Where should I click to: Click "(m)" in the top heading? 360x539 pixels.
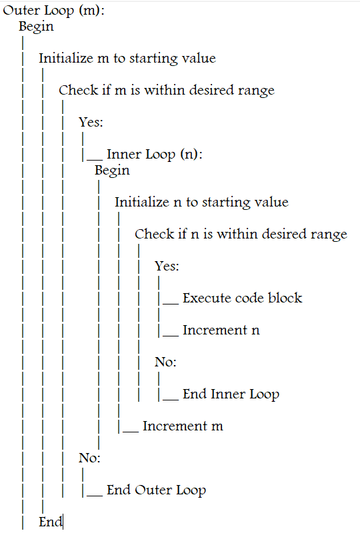pyautogui.click(x=91, y=10)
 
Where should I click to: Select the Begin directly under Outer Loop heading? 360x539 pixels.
pyautogui.click(x=36, y=27)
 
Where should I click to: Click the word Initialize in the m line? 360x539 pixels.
pyautogui.click(x=66, y=58)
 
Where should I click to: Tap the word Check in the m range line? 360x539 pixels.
pyautogui.click(x=78, y=90)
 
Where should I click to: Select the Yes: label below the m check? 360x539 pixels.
pyautogui.click(x=91, y=122)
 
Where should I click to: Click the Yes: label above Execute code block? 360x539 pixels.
pyautogui.click(x=167, y=266)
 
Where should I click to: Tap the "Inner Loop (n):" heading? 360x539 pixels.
pyautogui.click(x=155, y=155)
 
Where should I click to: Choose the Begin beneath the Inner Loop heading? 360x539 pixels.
pyautogui.click(x=112, y=171)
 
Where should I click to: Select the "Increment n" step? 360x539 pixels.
pyautogui.click(x=221, y=330)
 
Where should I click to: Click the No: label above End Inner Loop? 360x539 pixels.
pyautogui.click(x=165, y=362)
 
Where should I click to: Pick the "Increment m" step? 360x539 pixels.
pyautogui.click(x=183, y=426)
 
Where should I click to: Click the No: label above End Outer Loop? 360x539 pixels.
pyautogui.click(x=89, y=458)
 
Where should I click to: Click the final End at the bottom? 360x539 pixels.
pyautogui.click(x=50, y=522)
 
